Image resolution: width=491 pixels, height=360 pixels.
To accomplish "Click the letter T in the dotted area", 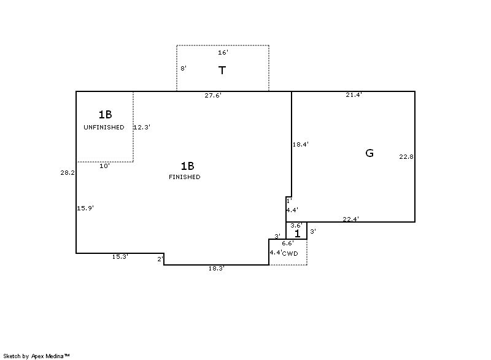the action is [x=222, y=71].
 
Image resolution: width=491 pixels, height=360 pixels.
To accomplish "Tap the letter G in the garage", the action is [x=369, y=153].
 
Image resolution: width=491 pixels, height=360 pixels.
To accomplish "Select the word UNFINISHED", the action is [x=104, y=128].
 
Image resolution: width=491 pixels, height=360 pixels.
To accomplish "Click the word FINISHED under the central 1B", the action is [x=185, y=177].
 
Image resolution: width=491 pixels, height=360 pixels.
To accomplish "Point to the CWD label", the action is [x=290, y=254].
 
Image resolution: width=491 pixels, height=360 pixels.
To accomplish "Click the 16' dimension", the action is [x=223, y=53].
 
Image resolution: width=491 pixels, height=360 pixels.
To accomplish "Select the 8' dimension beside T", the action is [x=184, y=68].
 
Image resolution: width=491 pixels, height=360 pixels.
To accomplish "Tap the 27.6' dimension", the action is [x=213, y=96].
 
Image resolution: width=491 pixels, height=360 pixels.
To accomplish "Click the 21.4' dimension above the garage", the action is [x=354, y=95].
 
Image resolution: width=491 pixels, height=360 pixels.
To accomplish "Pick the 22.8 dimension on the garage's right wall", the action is [x=406, y=157].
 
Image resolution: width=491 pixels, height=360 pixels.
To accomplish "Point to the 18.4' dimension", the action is [x=301, y=145].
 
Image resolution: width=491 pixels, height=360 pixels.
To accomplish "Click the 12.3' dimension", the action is [x=142, y=128].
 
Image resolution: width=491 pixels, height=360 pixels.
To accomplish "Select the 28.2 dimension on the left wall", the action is [x=68, y=173].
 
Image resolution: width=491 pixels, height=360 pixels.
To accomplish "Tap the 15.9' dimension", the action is [x=85, y=208].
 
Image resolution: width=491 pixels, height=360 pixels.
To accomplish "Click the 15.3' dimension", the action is [x=120, y=257].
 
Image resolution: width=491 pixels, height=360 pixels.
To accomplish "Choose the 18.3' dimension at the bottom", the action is [x=217, y=269].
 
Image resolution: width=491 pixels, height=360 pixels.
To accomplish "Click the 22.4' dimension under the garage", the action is [x=350, y=220].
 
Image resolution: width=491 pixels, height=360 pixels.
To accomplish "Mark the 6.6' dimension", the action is [x=288, y=243].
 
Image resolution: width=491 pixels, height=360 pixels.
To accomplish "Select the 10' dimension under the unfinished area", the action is [x=104, y=166].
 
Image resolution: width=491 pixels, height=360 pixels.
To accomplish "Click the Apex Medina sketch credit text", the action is [x=36, y=356].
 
